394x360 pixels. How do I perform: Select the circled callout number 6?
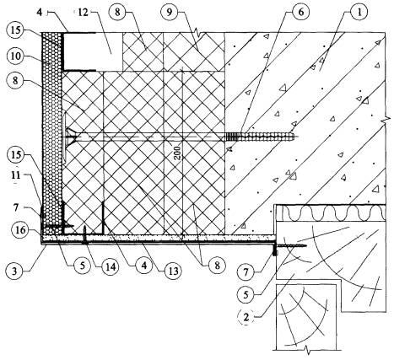click(x=300, y=13)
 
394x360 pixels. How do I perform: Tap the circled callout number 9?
click(x=170, y=13)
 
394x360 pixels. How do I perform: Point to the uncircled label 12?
click(x=83, y=13)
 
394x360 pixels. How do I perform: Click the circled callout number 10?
click(x=16, y=56)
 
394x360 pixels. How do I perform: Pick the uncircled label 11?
click(x=15, y=175)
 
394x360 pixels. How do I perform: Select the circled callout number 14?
click(x=111, y=266)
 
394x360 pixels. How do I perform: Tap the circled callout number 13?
click(x=173, y=271)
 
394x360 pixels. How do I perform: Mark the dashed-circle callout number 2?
click(x=246, y=318)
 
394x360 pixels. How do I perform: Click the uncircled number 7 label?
click(x=16, y=207)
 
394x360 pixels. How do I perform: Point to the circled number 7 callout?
click(x=246, y=271)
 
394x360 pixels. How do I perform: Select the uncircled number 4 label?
click(x=40, y=13)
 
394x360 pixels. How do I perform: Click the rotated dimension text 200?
click(x=177, y=153)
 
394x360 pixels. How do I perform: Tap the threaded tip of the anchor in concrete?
click(x=296, y=137)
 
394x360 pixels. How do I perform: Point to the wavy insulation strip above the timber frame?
click(x=332, y=213)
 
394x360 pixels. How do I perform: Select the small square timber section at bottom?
click(x=306, y=317)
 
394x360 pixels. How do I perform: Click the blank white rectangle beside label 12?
click(x=93, y=51)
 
